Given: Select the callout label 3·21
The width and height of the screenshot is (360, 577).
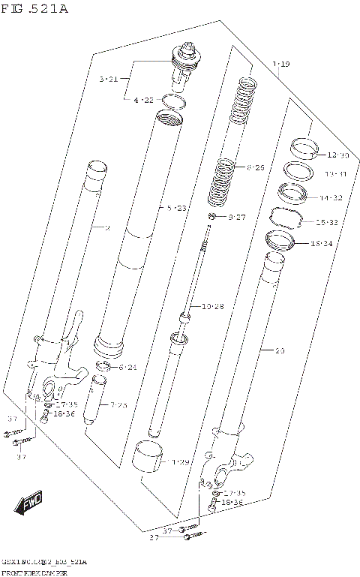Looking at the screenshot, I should (109, 79).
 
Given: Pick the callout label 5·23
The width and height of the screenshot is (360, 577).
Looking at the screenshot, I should (177, 208).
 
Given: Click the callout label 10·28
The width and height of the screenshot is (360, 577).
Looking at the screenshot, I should (212, 306).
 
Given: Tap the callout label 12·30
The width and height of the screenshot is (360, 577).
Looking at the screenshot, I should (337, 155).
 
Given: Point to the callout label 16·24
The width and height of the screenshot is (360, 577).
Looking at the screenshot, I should (319, 244).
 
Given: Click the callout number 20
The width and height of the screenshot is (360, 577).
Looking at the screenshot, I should (280, 350).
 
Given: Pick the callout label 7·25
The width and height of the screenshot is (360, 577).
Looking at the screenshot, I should (118, 405).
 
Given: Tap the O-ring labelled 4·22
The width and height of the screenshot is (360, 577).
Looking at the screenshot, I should (173, 104).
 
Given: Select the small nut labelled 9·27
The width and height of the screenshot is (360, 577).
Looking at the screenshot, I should (213, 218).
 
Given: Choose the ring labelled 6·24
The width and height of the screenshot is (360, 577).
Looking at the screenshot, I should (106, 367).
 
